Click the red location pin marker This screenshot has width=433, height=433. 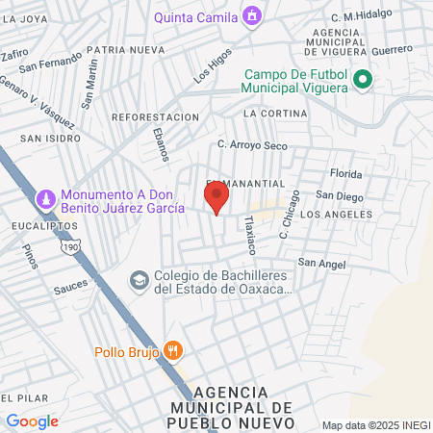point(216,196)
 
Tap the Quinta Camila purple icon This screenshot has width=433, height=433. point(252,15)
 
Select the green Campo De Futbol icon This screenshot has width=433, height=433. point(363,80)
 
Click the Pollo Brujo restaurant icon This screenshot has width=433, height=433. point(173,350)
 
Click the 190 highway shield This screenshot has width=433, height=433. point(70,247)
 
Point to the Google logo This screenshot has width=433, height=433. point(32,421)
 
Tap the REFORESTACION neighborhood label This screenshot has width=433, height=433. point(155,116)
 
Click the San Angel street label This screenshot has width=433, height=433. point(319,262)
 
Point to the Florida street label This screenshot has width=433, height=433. point(345,174)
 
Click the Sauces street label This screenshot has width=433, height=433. point(70,284)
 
